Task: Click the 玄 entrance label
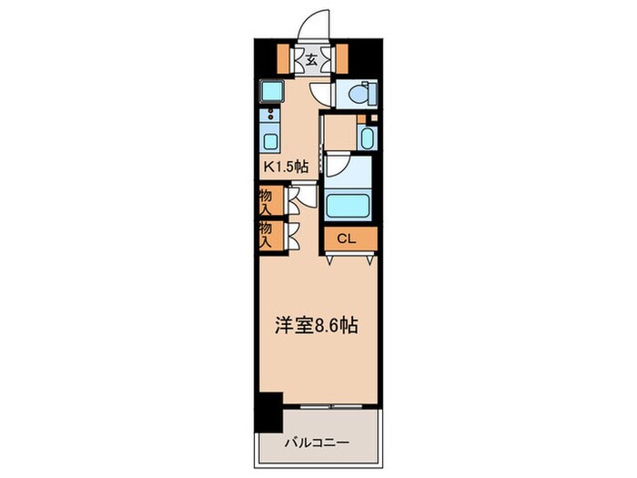point(311,61)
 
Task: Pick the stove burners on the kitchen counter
point(270,116)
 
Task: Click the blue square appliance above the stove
point(271,90)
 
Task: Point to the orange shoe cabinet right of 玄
point(342,57)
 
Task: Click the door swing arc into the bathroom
point(334,164)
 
